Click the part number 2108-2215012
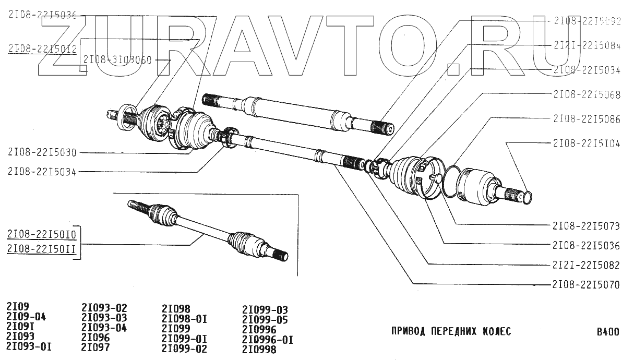click(43, 49)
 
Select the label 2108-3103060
click(116, 60)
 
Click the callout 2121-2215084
click(586, 46)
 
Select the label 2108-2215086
click(586, 119)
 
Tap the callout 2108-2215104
click(586, 142)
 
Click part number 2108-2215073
click(586, 226)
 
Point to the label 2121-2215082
click(586, 265)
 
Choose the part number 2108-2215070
click(586, 285)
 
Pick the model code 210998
click(259, 349)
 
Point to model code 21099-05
click(265, 319)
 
